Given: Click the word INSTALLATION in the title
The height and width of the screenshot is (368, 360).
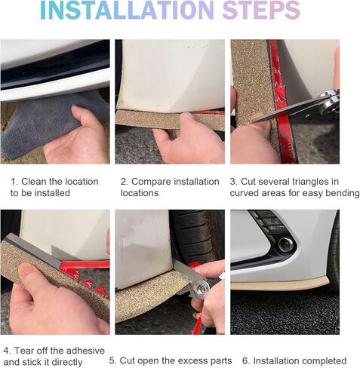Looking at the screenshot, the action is pos(127,10).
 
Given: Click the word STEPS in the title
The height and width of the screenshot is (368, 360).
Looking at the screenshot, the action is pos(261,10).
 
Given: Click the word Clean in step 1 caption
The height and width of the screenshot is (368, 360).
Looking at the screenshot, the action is pos(34,182).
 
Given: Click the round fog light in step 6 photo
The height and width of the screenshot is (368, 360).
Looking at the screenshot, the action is pos(286,244).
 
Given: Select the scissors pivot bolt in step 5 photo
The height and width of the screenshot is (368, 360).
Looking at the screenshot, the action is pos(202,287).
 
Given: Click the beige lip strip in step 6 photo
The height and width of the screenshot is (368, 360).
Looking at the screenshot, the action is pos(279,284).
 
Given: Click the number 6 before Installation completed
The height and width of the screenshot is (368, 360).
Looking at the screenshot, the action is pos(245,360).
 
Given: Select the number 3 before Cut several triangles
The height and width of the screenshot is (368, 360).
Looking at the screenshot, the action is pos(232,182).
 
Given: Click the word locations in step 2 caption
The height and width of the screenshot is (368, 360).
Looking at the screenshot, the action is pos(140,193).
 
